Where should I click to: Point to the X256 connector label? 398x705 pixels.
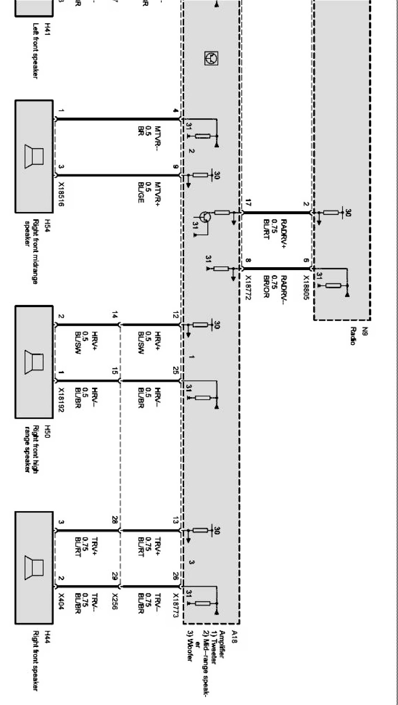(x=115, y=601)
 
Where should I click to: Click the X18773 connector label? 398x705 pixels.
(x=176, y=605)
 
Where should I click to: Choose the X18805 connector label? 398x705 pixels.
(x=306, y=288)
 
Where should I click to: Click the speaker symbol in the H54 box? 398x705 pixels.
(x=34, y=156)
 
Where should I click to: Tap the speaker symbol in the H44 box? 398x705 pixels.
(x=34, y=568)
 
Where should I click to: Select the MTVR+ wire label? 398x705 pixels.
(x=158, y=193)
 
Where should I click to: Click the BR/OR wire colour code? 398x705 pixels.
(x=266, y=287)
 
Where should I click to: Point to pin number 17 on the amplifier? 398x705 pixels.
(x=248, y=203)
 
